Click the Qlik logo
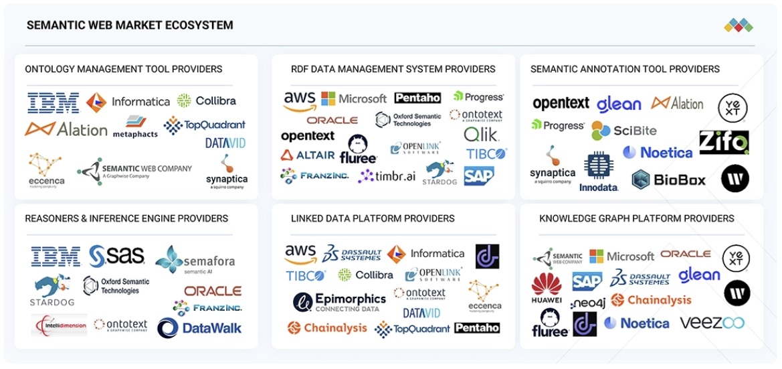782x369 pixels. coord(481,135)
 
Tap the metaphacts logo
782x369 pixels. coord(136,127)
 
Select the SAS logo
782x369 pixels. coord(117,255)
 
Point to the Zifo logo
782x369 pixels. coord(724,142)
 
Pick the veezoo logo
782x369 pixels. coord(712,323)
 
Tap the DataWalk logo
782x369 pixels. coord(199,327)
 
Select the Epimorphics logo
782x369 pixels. coord(339,302)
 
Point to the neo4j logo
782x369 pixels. coord(589,303)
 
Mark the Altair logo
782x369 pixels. coord(308,155)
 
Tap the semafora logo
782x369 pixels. coord(195,261)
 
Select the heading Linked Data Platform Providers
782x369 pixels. coord(373,218)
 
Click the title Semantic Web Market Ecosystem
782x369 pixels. coord(130,25)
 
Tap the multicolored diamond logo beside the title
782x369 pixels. coord(739,26)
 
